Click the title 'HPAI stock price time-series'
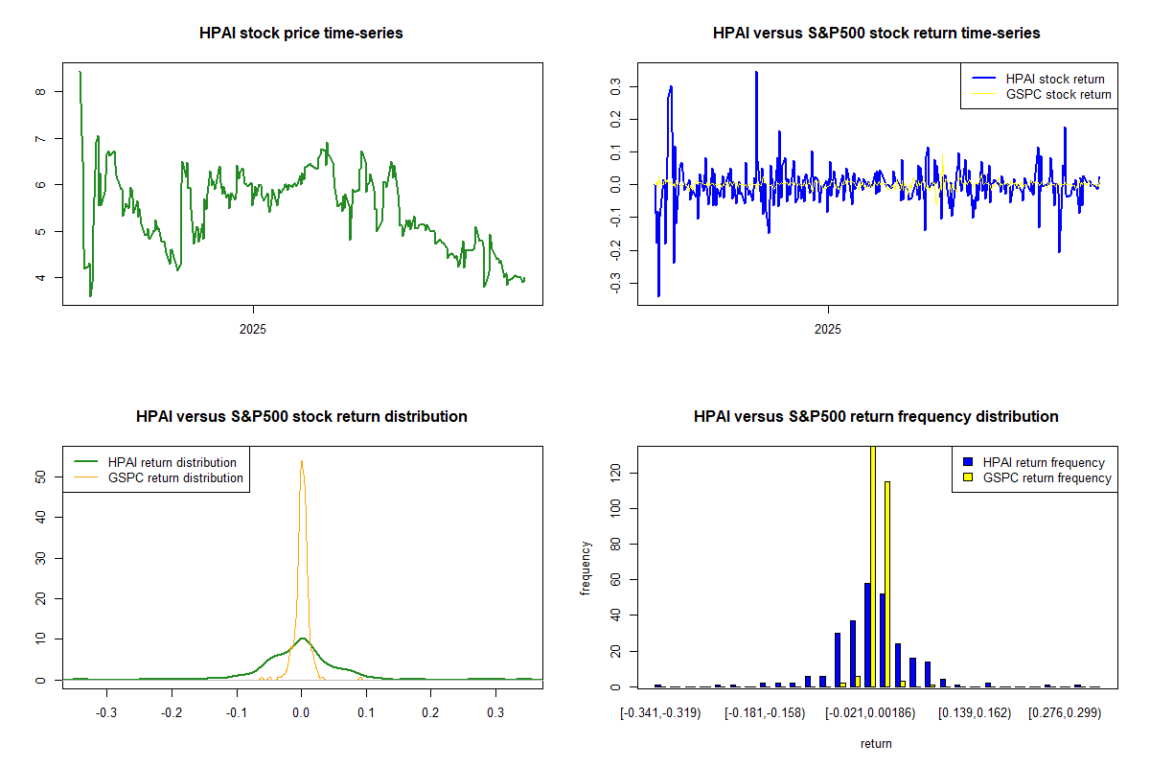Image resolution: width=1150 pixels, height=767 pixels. (301, 34)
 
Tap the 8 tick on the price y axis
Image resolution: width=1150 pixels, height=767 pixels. (39, 92)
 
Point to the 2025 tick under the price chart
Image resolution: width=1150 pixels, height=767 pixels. (253, 328)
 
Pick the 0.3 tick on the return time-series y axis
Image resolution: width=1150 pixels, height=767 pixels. (614, 86)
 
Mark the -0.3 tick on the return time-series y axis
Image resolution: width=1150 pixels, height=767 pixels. (614, 284)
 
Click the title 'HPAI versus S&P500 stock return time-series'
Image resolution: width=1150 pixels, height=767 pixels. (876, 34)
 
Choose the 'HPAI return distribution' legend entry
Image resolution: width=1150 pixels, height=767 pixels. (172, 462)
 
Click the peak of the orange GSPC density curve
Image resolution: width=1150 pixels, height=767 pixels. (302, 461)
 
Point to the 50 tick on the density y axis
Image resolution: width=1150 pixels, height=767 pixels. (39, 476)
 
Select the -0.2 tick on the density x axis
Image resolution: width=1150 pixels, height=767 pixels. (172, 712)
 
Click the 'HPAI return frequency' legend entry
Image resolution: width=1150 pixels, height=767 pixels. (1044, 462)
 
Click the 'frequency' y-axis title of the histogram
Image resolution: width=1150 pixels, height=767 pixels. (586, 568)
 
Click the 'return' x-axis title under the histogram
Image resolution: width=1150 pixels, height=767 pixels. (876, 743)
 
